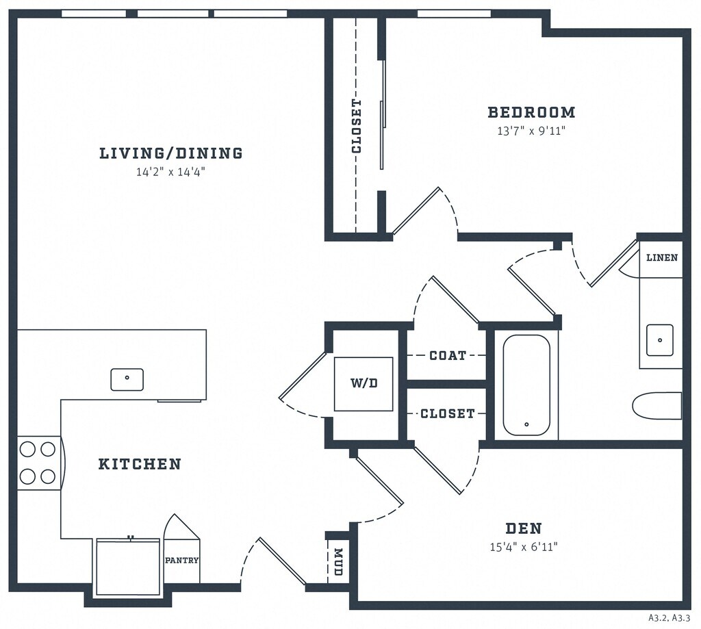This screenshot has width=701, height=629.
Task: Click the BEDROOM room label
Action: pyautogui.click(x=531, y=112)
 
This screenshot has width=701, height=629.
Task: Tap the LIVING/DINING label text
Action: pyautogui.click(x=171, y=153)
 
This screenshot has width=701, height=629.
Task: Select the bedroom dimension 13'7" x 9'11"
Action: pyautogui.click(x=531, y=130)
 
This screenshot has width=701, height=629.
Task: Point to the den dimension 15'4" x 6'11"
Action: pyautogui.click(x=524, y=546)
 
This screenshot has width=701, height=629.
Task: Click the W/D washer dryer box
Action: pyautogui.click(x=364, y=384)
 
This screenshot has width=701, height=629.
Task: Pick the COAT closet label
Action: pyautogui.click(x=448, y=356)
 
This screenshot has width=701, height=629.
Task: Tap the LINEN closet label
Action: pyautogui.click(x=662, y=258)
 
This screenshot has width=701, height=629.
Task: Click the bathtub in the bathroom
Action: pyautogui.click(x=526, y=385)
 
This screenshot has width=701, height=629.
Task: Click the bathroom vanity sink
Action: pyautogui.click(x=660, y=340)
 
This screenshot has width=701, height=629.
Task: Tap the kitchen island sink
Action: pyautogui.click(x=127, y=379)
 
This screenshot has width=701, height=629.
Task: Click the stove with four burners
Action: pyautogui.click(x=38, y=463)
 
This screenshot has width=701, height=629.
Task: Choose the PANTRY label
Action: pyautogui.click(x=181, y=560)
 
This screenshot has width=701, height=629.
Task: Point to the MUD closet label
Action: pyautogui.click(x=337, y=562)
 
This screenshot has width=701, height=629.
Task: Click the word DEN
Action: pyautogui.click(x=524, y=528)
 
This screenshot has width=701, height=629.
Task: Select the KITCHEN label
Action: pyautogui.click(x=140, y=464)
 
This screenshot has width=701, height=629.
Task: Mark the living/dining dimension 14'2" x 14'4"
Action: pyautogui.click(x=171, y=172)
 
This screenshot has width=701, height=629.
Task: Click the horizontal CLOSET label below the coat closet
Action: pyautogui.click(x=447, y=413)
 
